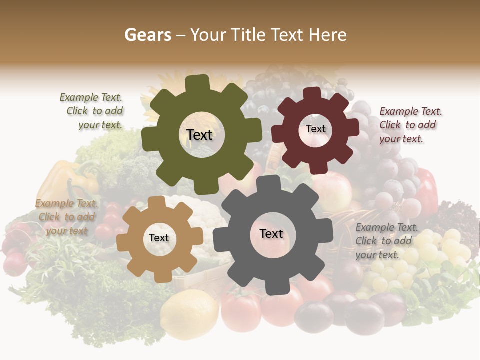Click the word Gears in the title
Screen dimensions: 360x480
pyautogui.click(x=147, y=35)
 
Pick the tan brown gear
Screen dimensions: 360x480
pyautogui.click(x=135, y=250)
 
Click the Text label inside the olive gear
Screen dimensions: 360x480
pyautogui.click(x=199, y=135)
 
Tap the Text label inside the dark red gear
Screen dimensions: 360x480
pyautogui.click(x=315, y=129)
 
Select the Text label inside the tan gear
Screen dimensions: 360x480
pyautogui.click(x=159, y=238)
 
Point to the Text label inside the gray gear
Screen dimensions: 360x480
pyautogui.click(x=271, y=233)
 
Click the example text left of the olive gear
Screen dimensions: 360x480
pyautogui.click(x=93, y=111)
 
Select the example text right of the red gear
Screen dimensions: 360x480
pyautogui.click(x=410, y=125)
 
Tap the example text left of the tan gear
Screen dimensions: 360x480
pyautogui.click(x=66, y=217)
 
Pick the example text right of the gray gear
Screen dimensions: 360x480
pyautogui.click(x=386, y=241)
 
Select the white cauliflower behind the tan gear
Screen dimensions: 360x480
pyautogui.click(x=205, y=212)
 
